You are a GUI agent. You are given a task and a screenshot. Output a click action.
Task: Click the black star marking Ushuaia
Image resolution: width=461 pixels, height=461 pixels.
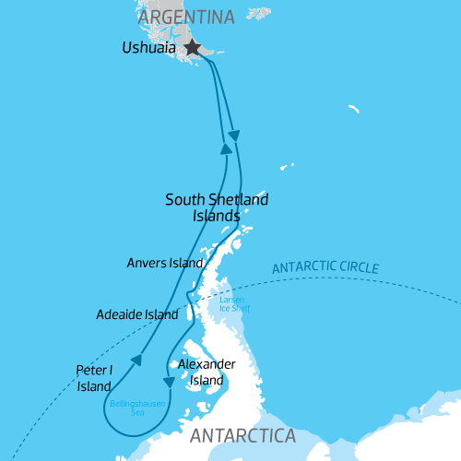click(x=193, y=47)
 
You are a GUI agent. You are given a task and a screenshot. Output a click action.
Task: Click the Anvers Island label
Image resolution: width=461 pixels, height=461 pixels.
click(x=164, y=263)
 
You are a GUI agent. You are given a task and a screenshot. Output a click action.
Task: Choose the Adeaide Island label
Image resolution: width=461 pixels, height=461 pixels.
click(x=136, y=314)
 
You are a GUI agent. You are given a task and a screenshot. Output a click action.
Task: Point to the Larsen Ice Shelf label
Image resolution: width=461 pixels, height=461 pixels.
click(x=232, y=305)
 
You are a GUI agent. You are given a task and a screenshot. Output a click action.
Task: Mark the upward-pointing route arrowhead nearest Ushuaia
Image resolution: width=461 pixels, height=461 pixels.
click(x=225, y=147)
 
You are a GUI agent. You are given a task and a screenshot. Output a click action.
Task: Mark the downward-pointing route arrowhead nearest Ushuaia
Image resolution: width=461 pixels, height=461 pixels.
click(x=234, y=136)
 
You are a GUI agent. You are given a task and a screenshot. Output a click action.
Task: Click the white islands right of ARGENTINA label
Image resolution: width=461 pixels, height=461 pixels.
click(x=259, y=14)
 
